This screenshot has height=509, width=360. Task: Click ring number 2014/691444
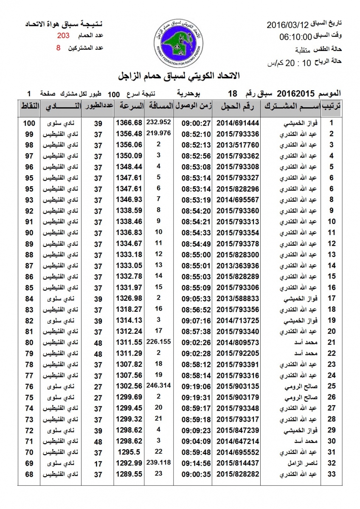click(x=238, y=123)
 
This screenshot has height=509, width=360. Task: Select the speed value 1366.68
click(x=129, y=123)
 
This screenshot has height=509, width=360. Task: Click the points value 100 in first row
click(x=29, y=123)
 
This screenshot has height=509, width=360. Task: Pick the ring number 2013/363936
click(x=238, y=266)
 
